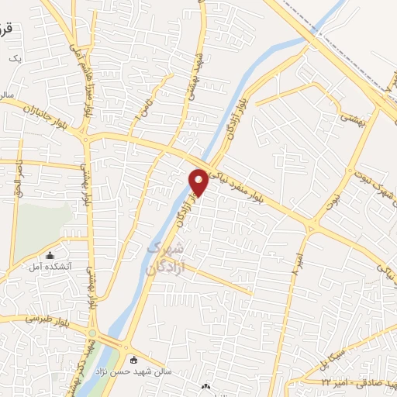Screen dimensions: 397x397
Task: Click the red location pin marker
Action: tap(199, 181)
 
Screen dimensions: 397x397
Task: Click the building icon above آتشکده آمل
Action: tap(51, 255)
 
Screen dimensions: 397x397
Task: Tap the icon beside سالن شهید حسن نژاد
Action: tap(135, 360)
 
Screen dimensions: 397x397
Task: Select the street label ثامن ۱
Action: tap(143, 106)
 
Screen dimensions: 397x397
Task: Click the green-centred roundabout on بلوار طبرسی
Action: tap(93, 334)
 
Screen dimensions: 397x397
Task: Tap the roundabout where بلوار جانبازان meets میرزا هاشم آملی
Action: tap(86, 136)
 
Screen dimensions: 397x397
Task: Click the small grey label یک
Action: tap(11, 58)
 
